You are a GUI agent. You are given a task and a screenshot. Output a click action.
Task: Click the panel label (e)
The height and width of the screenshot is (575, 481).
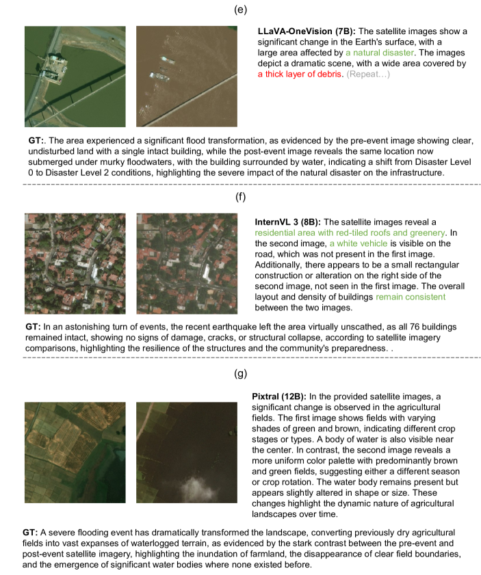(x=240, y=9)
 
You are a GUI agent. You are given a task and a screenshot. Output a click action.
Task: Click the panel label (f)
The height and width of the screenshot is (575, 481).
(x=240, y=199)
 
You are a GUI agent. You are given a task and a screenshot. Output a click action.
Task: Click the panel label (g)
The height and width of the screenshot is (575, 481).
(x=240, y=374)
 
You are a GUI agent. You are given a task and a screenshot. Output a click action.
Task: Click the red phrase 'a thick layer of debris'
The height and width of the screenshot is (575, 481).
(x=299, y=74)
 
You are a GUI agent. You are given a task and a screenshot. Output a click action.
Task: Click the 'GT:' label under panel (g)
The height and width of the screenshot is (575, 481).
(x=29, y=531)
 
